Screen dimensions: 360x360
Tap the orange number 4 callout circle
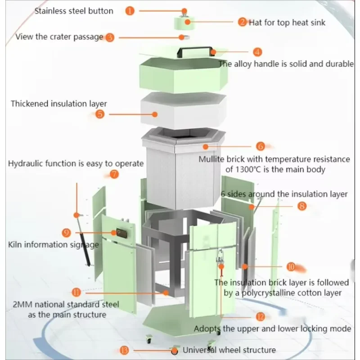(x=257, y=52)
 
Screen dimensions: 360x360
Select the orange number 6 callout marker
(x=261, y=146)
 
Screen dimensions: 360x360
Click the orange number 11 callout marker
(x=77, y=292)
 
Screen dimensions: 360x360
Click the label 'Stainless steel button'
(x=74, y=11)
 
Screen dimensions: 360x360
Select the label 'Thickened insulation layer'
(x=59, y=103)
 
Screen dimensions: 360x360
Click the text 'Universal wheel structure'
(x=229, y=350)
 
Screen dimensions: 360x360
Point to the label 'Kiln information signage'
(x=53, y=245)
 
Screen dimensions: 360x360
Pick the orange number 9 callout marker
(x=67, y=233)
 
